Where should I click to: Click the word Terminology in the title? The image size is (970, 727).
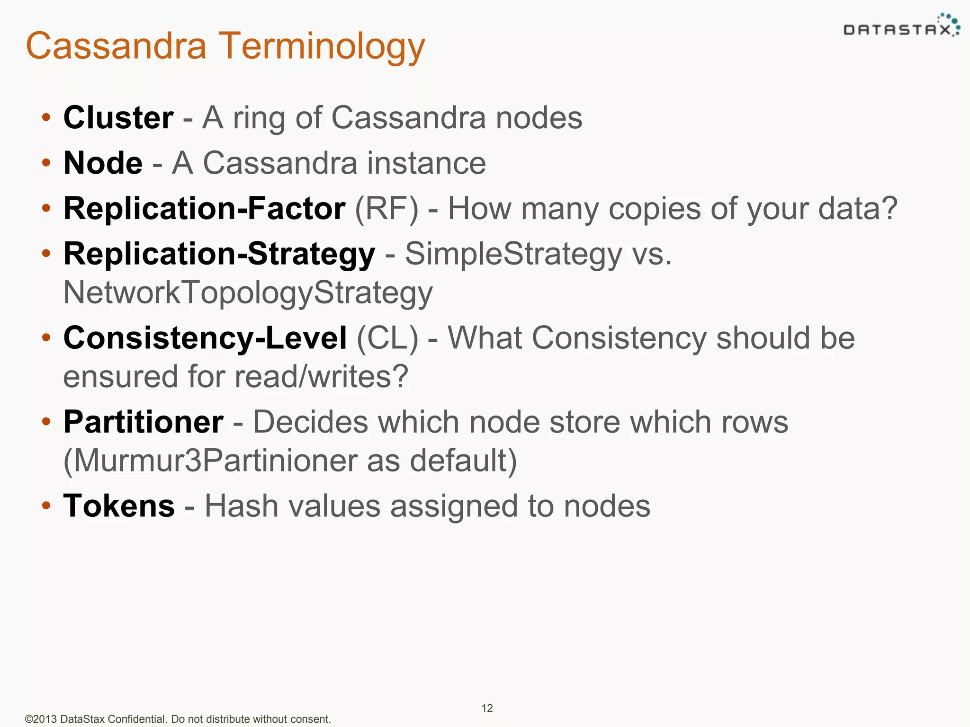pyautogui.click(x=322, y=46)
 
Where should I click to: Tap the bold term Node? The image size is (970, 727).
pyautogui.click(x=103, y=163)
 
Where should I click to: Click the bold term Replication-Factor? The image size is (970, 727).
pyautogui.click(x=204, y=208)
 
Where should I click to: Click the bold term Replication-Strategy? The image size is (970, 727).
pyautogui.click(x=219, y=254)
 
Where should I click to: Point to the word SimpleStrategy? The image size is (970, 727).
pyautogui.click(x=513, y=254)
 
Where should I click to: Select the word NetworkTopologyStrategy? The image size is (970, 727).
pyautogui.click(x=248, y=293)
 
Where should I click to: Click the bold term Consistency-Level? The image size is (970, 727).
pyautogui.click(x=205, y=338)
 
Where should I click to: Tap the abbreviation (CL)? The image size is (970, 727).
pyautogui.click(x=387, y=338)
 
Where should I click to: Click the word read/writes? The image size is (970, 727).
pyautogui.click(x=322, y=377)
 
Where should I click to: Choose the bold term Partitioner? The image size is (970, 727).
pyautogui.click(x=144, y=422)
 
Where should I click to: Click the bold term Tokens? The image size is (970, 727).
pyautogui.click(x=119, y=506)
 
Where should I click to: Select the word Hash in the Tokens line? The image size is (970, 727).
pyautogui.click(x=241, y=506)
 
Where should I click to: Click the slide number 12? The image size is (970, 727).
pyautogui.click(x=487, y=708)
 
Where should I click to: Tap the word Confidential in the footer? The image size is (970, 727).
pyautogui.click(x=137, y=719)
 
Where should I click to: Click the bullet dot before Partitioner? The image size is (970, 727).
pyautogui.click(x=46, y=421)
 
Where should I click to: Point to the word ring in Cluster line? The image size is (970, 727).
pyautogui.click(x=259, y=118)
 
